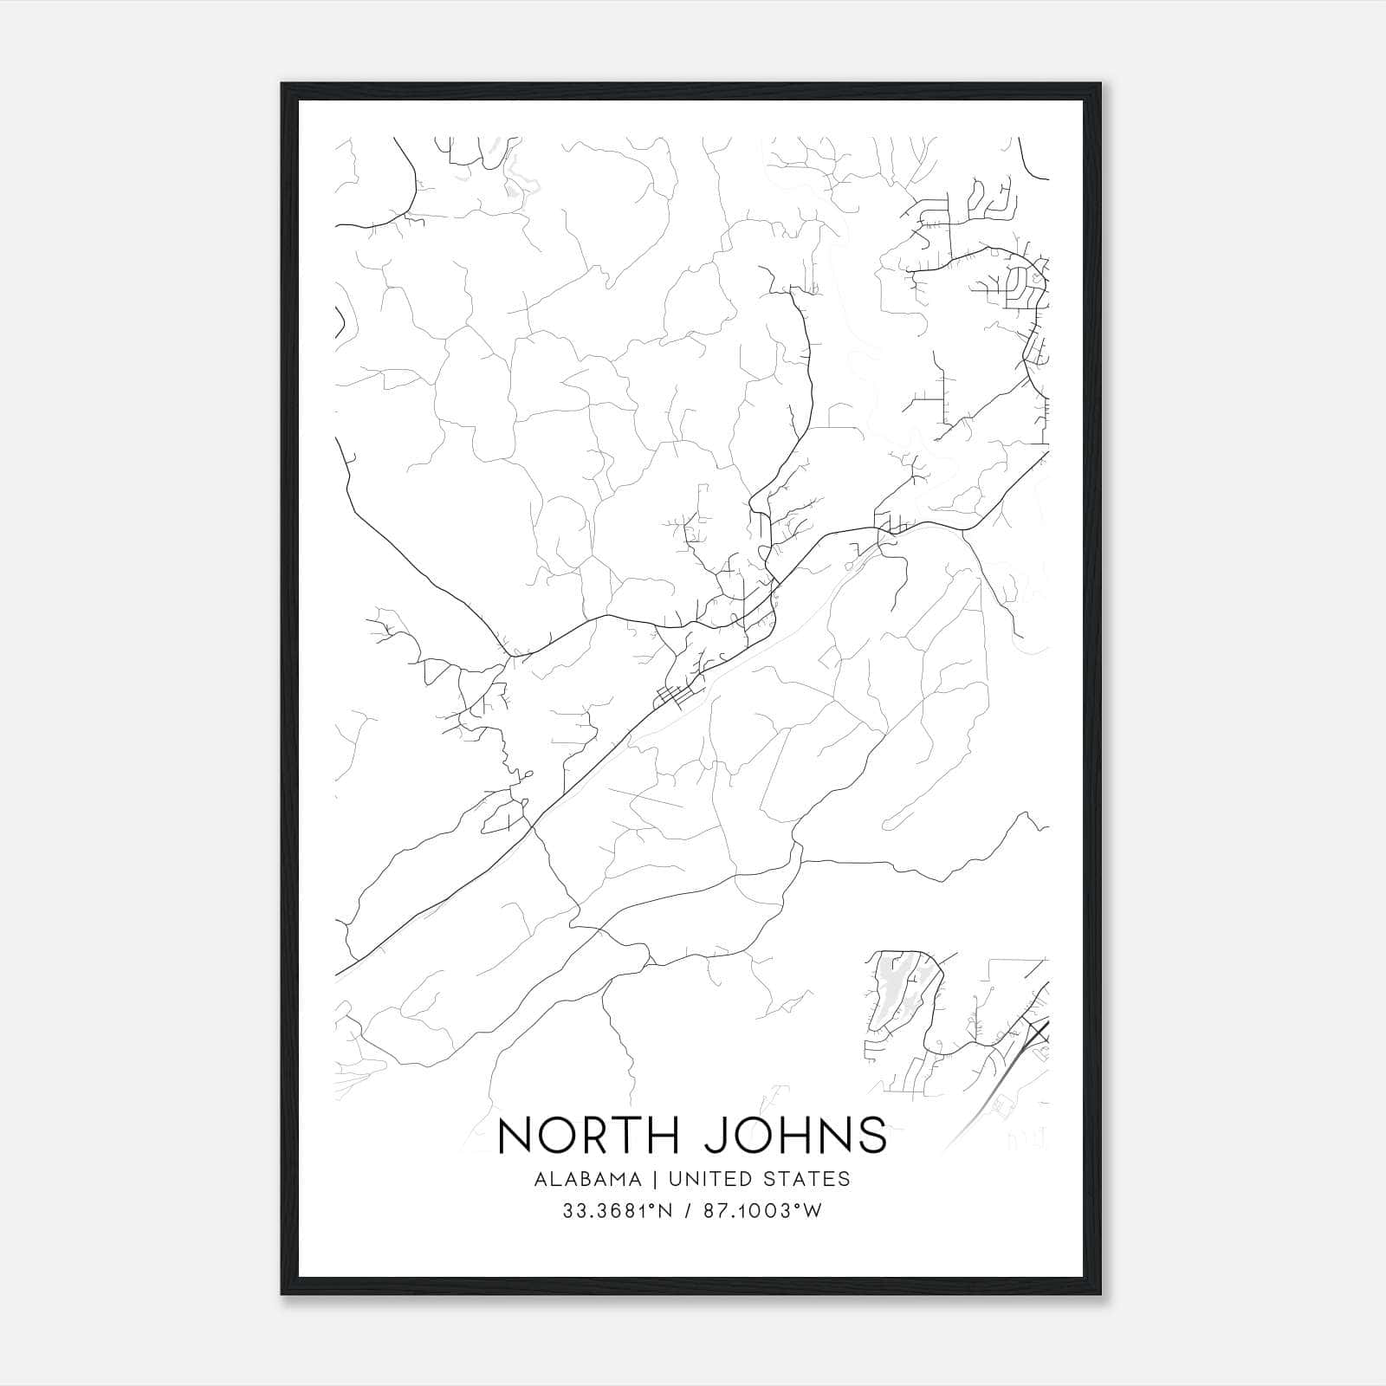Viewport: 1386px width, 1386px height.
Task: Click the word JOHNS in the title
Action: pyautogui.click(x=795, y=1136)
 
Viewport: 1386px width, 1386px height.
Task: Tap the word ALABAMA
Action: pyautogui.click(x=588, y=1179)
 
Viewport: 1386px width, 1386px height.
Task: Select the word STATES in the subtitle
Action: pyautogui.click(x=806, y=1179)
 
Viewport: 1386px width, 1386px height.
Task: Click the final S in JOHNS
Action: pyautogui.click(x=871, y=1136)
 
